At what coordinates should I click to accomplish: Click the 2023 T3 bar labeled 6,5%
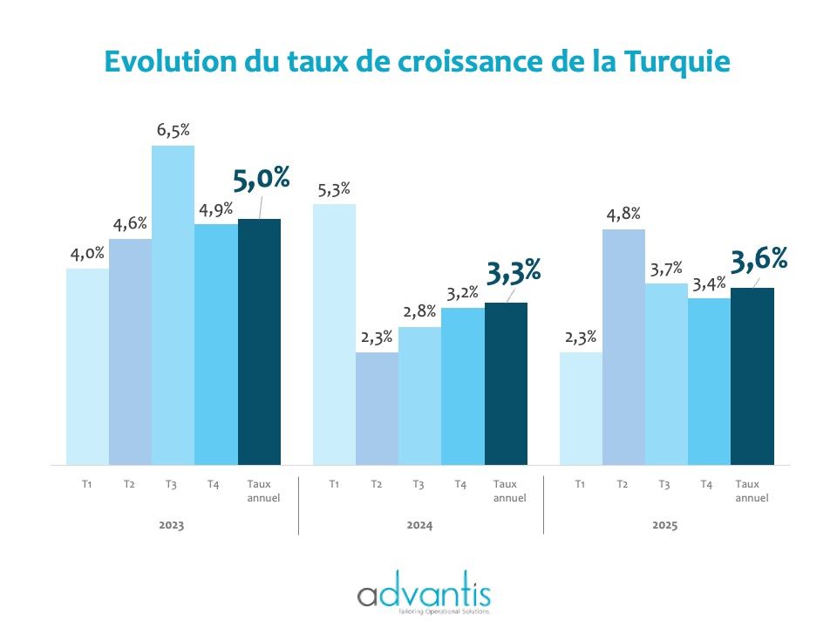[173, 305]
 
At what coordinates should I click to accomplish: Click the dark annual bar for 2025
[752, 376]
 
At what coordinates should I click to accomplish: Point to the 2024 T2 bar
[377, 408]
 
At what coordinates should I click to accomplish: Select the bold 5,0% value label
[261, 180]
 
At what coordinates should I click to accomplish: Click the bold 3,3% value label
[514, 272]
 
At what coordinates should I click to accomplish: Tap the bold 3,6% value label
[759, 259]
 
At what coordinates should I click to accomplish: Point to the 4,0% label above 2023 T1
[87, 254]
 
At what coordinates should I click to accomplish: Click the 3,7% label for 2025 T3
[666, 270]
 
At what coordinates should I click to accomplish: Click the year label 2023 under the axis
[172, 526]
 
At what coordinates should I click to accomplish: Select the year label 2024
[419, 526]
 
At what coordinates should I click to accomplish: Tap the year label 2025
[664, 526]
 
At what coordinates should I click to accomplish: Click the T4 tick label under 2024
[460, 484]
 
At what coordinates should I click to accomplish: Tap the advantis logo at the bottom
[424, 597]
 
